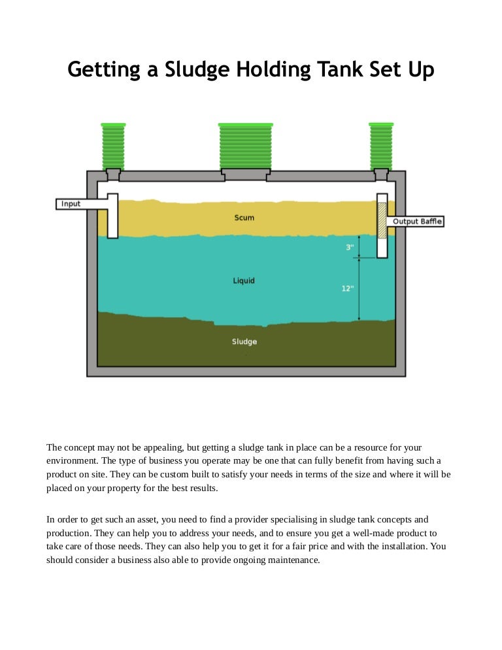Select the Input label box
coord(71,204)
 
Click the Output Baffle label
coord(418,222)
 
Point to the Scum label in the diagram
coord(244,218)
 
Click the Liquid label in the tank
coord(244,281)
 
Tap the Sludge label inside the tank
coord(244,342)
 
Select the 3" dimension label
coord(350,247)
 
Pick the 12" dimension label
coord(348,288)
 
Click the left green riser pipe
coord(113,146)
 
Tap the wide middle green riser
coord(246,146)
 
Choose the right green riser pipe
coord(381,146)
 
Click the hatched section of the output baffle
coord(382,220)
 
